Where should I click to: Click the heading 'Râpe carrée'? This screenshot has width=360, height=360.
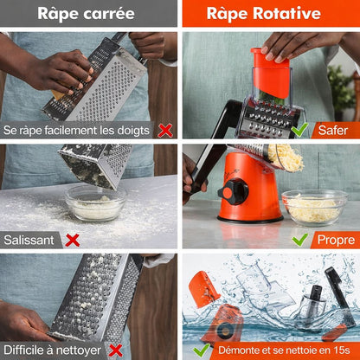click(x=86, y=14)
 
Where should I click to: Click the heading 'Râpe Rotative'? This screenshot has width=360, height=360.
click(x=264, y=14)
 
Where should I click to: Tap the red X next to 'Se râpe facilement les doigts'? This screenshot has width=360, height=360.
click(x=165, y=131)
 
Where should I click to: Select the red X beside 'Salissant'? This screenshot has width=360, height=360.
click(x=73, y=241)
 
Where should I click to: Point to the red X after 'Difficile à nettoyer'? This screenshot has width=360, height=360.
click(x=116, y=350)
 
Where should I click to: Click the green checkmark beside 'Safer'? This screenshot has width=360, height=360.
click(x=299, y=130)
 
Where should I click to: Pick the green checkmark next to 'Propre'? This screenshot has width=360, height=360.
click(x=300, y=240)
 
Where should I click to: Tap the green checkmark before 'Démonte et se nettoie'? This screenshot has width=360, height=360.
click(x=202, y=350)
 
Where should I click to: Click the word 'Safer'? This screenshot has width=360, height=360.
click(x=333, y=131)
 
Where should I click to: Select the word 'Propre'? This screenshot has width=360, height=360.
click(x=336, y=240)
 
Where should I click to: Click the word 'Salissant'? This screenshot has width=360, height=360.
click(x=29, y=240)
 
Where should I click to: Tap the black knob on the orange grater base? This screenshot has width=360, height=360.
click(x=234, y=192)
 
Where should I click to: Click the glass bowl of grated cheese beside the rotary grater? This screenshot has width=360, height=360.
click(x=314, y=207)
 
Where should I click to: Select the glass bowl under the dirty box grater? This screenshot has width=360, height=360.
click(x=95, y=203)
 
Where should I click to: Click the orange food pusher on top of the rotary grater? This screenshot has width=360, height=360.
click(x=271, y=73)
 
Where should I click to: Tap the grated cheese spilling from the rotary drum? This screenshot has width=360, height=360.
click(x=286, y=157)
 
